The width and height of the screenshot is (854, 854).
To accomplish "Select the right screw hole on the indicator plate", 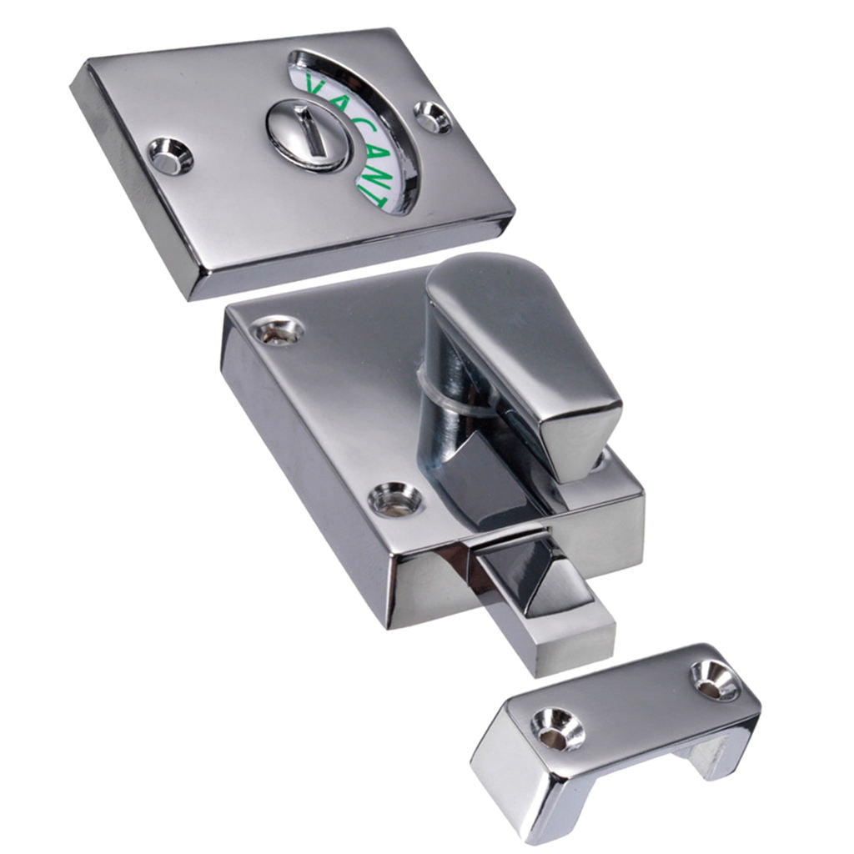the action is click(433, 116).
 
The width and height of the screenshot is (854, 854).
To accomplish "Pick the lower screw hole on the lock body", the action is click(395, 498).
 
